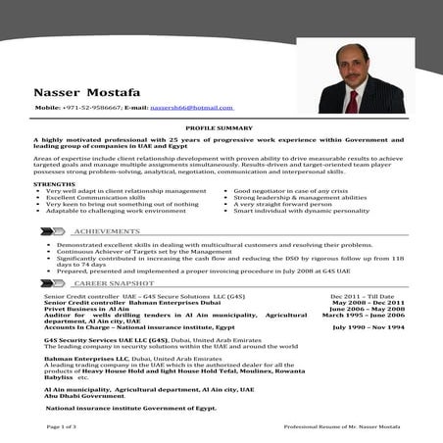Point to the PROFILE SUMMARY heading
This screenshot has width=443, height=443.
click(221, 128)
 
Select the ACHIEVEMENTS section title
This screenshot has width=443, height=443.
click(106, 230)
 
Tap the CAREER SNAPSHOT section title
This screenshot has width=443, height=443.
click(114, 281)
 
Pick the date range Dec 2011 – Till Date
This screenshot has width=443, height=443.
click(362, 295)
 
